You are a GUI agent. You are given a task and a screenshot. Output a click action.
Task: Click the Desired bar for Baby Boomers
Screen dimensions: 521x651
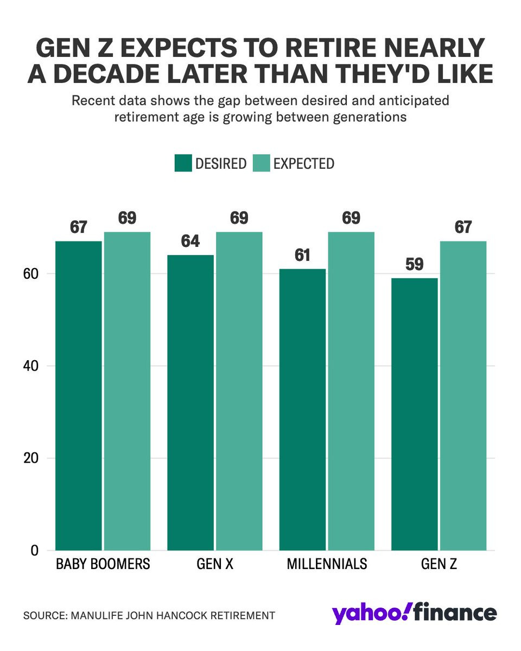78,395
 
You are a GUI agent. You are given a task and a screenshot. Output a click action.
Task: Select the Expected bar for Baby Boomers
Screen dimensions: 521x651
127,391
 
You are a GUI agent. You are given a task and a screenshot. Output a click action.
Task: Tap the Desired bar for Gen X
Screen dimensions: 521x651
190,402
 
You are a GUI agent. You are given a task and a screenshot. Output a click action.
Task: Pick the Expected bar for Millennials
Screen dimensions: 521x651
351,391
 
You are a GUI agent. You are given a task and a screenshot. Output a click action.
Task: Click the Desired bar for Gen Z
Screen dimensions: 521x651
415,413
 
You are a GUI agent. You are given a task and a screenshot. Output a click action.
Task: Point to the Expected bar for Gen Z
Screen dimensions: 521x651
463,395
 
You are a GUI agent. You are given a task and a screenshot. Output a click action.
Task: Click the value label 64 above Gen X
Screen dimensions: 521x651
190,241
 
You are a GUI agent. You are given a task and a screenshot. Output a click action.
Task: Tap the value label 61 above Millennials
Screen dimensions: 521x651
302,255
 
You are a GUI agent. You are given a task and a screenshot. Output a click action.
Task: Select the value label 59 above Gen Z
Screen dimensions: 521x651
415,264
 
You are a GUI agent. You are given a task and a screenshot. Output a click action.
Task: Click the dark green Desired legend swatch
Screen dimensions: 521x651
183,163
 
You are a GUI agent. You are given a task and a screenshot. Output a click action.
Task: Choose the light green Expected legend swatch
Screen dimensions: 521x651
261,163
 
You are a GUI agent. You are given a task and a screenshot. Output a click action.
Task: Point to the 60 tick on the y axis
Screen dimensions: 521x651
31,274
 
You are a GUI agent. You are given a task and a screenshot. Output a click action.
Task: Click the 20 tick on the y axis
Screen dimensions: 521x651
31,458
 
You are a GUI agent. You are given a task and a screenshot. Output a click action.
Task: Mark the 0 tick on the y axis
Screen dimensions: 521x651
35,550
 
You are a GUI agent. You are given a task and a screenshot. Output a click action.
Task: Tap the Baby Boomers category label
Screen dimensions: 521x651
103,564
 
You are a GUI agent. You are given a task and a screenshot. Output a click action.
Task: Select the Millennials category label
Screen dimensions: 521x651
327,564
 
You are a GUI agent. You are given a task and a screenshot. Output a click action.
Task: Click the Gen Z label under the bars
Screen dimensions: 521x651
439,564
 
